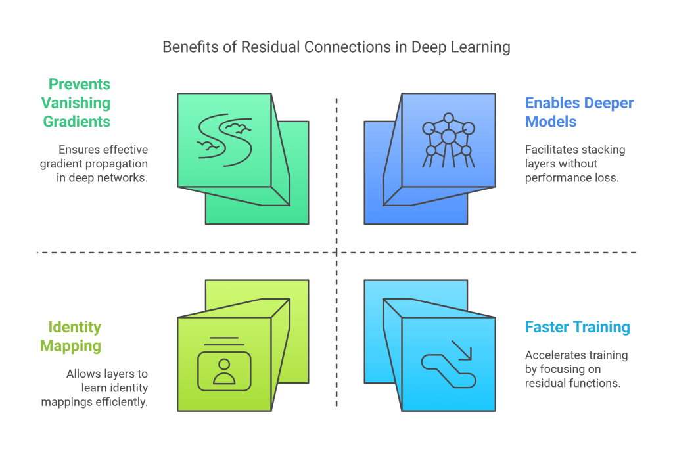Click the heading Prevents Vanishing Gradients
click(76, 103)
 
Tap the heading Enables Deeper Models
click(578, 112)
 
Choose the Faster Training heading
click(578, 327)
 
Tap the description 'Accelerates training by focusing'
click(576, 369)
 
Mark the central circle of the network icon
click(448, 137)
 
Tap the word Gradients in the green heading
click(76, 122)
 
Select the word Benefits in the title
click(186, 47)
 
